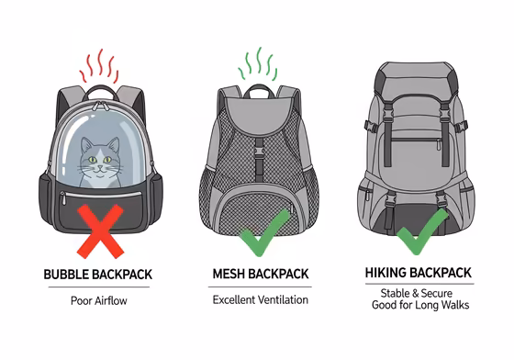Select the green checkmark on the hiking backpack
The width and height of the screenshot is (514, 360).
click(422, 235)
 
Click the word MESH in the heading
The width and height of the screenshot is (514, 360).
click(230, 275)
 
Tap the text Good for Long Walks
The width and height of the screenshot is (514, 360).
click(422, 305)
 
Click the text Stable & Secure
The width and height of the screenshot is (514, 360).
click(422, 292)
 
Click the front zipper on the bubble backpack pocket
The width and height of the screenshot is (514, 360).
click(101, 195)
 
